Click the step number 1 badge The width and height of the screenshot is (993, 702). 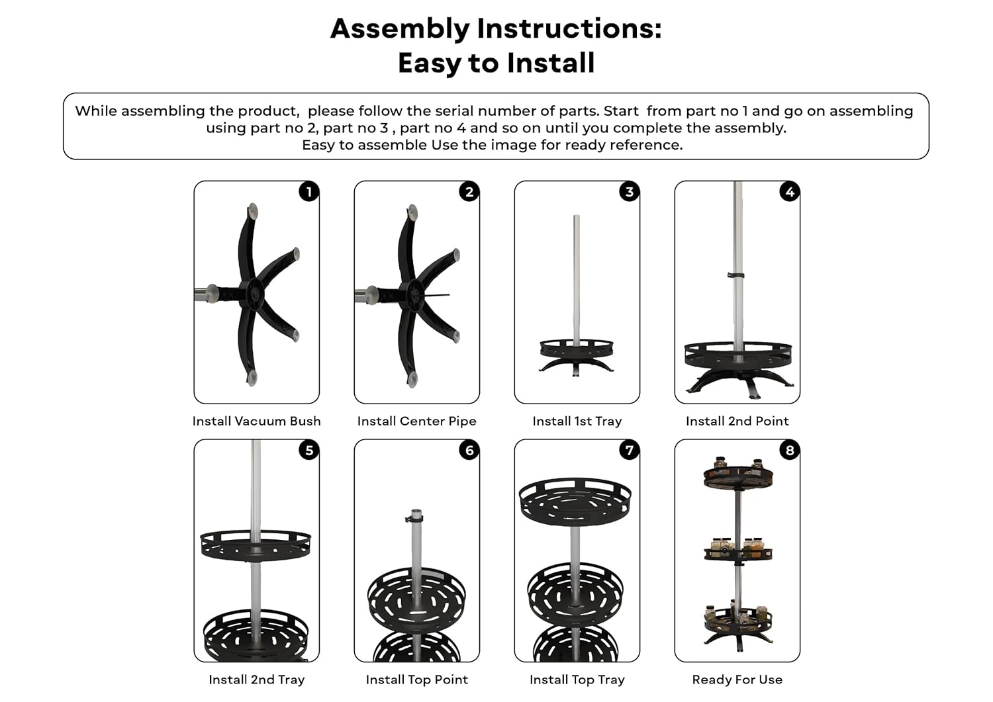tap(309, 192)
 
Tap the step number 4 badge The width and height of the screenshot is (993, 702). tap(790, 192)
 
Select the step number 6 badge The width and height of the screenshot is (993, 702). tap(469, 451)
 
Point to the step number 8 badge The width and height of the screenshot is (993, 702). tap(790, 451)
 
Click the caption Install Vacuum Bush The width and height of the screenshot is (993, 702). tap(257, 421)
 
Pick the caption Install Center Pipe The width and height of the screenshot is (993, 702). tap(416, 421)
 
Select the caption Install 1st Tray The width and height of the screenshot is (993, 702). tap(577, 421)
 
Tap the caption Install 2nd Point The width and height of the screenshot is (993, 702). tap(737, 421)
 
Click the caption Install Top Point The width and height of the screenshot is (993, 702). tap(416, 680)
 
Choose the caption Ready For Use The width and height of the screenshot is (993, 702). tap(737, 680)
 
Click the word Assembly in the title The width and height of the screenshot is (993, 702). tap(400, 29)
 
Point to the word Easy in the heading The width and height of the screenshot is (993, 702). tap(430, 64)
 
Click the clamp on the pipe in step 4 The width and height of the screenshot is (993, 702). tap(736, 276)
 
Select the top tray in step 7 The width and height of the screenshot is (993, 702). tap(575, 501)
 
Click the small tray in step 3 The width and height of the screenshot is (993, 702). tap(577, 349)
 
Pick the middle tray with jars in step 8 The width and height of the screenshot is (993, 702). tap(738, 551)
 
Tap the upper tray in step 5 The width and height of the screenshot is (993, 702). tap(256, 546)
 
